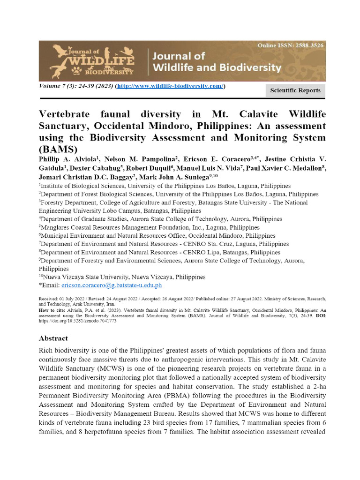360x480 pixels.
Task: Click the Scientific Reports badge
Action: click(295, 90)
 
